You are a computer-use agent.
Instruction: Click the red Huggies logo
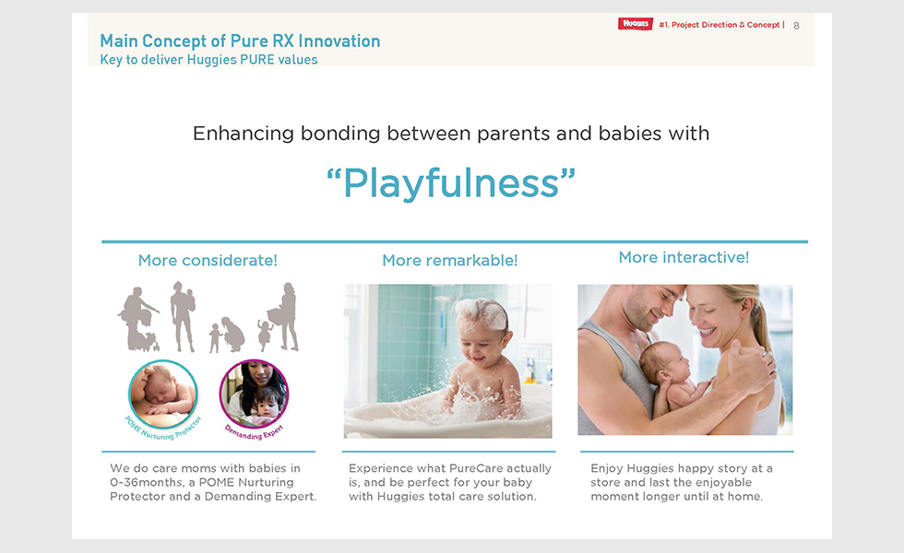pyautogui.click(x=636, y=24)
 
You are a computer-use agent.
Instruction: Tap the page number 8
pyautogui.click(x=796, y=26)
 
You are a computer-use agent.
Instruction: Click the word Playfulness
pyautogui.click(x=451, y=183)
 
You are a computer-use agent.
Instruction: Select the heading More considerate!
pyautogui.click(x=208, y=260)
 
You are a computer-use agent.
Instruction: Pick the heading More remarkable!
pyautogui.click(x=450, y=260)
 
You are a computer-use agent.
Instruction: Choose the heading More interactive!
pyautogui.click(x=684, y=257)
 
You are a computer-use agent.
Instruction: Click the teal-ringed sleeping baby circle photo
pyautogui.click(x=163, y=394)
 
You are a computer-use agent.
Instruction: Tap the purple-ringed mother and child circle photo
pyautogui.click(x=255, y=394)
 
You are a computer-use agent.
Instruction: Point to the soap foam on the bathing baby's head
pyautogui.click(x=482, y=312)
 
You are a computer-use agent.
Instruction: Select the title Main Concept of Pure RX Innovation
pyautogui.click(x=240, y=41)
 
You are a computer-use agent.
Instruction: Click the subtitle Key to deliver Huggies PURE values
pyautogui.click(x=208, y=60)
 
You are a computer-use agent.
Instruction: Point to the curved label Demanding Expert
pyautogui.click(x=255, y=433)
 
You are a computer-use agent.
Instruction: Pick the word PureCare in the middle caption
pyautogui.click(x=472, y=468)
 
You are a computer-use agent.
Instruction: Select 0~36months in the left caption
pyautogui.click(x=147, y=483)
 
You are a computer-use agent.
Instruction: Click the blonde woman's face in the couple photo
pyautogui.click(x=712, y=315)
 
